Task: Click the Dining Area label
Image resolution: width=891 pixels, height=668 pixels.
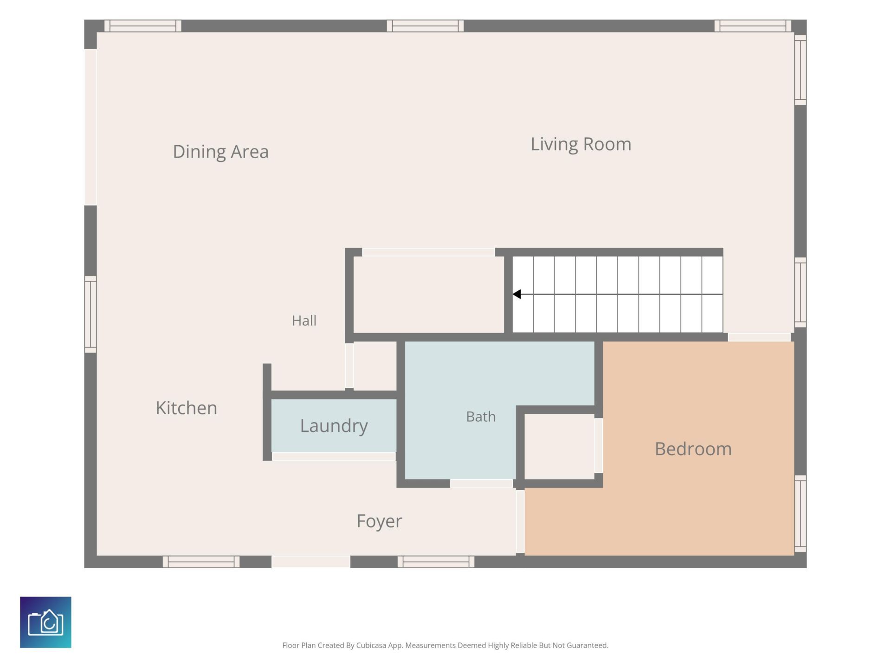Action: point(221,152)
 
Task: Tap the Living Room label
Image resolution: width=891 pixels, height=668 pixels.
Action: point(581,144)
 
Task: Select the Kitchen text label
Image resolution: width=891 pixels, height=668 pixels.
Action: point(187,408)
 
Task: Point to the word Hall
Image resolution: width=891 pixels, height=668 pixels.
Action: point(304,321)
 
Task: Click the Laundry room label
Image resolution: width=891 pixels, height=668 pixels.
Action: point(334,426)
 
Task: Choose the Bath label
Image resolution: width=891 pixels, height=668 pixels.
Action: point(481,417)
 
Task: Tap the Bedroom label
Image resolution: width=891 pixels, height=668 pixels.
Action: point(693,449)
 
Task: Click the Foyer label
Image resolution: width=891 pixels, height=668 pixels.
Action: point(380,521)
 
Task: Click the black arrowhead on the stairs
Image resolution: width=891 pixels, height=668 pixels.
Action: point(517,294)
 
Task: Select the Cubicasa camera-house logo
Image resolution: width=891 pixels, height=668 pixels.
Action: point(45,622)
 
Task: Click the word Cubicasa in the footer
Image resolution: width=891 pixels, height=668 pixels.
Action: point(371,645)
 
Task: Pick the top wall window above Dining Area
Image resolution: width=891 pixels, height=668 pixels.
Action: point(143,26)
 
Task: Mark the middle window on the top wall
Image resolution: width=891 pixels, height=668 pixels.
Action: point(426,26)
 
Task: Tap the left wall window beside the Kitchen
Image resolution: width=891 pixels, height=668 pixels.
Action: point(90,315)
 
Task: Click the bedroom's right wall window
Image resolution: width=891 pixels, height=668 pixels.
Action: point(801,514)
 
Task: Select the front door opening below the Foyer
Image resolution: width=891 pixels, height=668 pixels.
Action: point(311,562)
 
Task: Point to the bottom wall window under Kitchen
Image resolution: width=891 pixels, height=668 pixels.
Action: point(201,562)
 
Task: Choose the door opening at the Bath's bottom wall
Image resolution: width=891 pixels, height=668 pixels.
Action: point(482,483)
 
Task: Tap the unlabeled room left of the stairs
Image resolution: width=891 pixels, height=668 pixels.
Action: point(429,295)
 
